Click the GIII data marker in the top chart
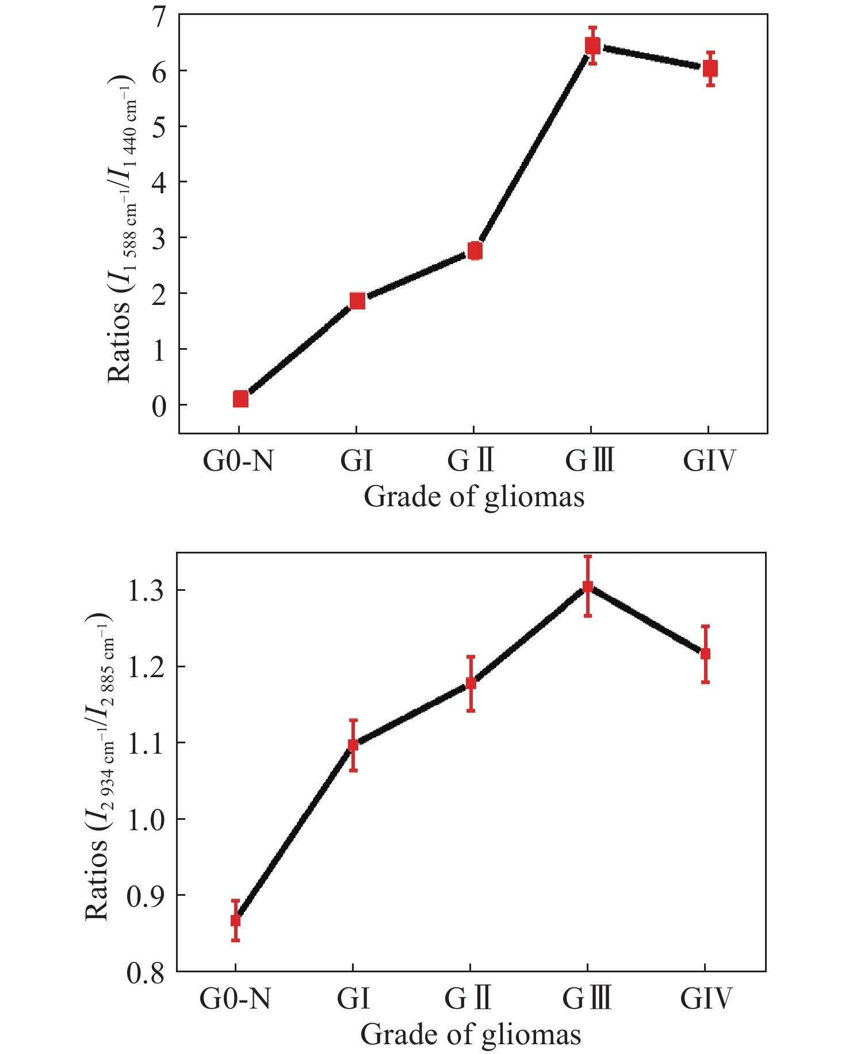[592, 45]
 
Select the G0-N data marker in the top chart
[240, 399]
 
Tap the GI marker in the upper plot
[357, 301]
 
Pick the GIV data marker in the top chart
[710, 68]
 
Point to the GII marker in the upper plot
[475, 251]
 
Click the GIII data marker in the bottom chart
[588, 587]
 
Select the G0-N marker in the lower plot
[235, 920]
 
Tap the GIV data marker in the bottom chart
[705, 654]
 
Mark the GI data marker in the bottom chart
[353, 745]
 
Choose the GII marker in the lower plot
[471, 683]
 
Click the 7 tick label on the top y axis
[158, 16]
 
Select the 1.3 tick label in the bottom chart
[145, 591]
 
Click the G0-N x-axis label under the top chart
[238, 461]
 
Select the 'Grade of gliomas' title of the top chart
[474, 497]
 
